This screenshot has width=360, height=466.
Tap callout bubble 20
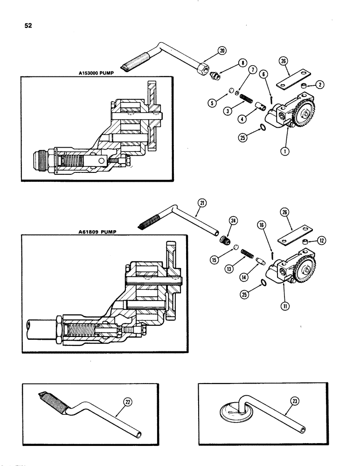[x=221, y=50]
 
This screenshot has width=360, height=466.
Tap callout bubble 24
[x=232, y=221]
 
